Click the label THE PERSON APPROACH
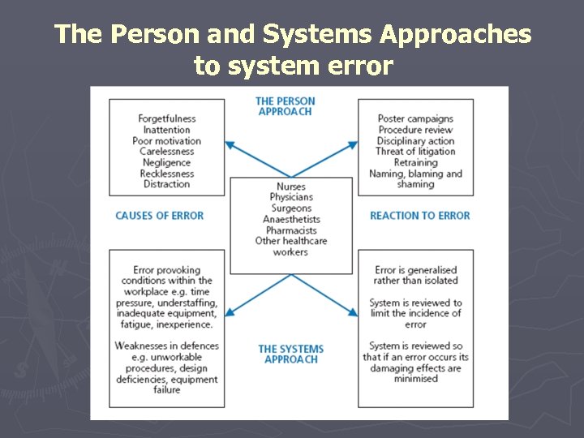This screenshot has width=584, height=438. coord(285,106)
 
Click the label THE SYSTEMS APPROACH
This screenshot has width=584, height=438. coord(290,354)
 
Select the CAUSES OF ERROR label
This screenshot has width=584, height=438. coord(159,216)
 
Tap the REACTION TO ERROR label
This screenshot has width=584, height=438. coord(419,216)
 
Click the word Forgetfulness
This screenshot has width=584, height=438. coord(167,119)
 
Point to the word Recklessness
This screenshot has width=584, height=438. coord(166,174)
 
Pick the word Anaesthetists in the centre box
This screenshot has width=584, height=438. coord(291,220)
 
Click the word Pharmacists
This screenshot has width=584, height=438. coord(291,230)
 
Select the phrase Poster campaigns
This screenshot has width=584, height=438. coord(415,119)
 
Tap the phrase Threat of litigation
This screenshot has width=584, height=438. coord(415,152)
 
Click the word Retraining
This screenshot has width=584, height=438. coord(415,163)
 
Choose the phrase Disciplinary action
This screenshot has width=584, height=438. coord(415,141)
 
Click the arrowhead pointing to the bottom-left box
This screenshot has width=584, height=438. coord(229,311)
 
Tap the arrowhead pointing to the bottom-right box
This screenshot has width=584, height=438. coord(354,311)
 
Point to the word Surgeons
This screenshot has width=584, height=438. coord(291,208)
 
